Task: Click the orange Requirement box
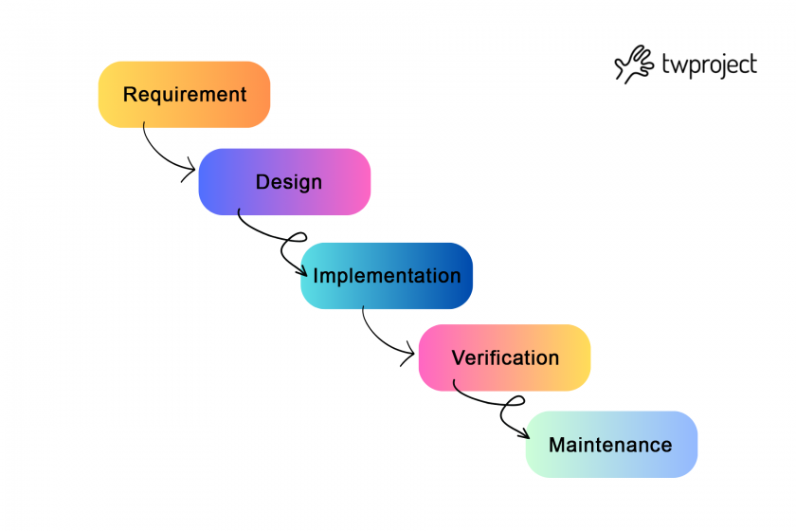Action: point(184,95)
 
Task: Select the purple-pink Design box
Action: point(284,182)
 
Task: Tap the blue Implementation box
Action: point(387,276)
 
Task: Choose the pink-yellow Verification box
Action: point(504,358)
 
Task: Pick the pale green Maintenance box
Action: point(611,445)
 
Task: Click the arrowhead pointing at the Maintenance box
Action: point(524,434)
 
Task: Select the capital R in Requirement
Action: point(130,95)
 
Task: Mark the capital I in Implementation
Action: point(317,276)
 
